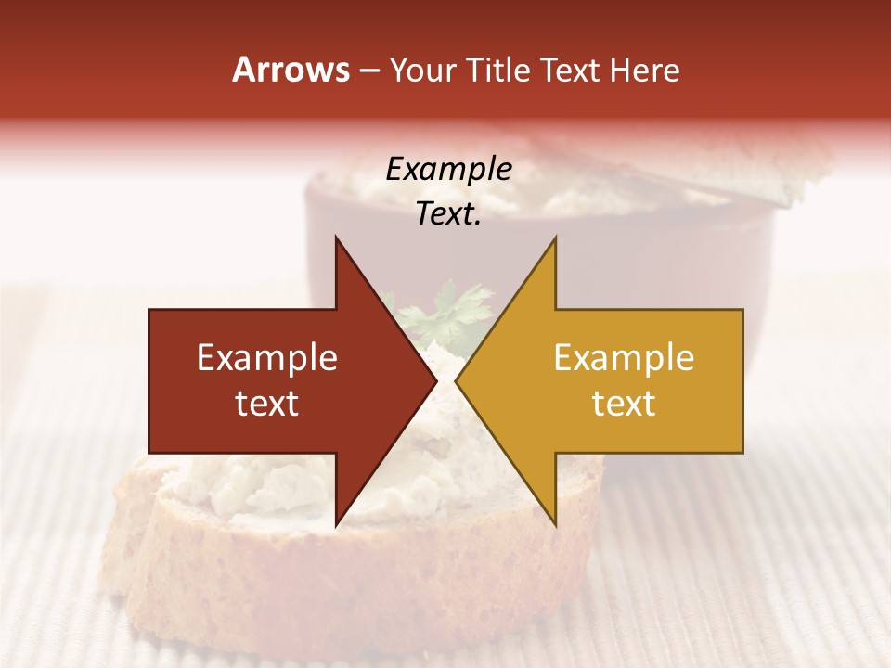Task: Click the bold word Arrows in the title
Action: coord(291,70)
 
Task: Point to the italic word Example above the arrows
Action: coord(448,170)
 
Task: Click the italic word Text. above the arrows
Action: coord(448,214)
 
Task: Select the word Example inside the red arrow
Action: coord(267,358)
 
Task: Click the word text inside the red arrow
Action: coord(267,404)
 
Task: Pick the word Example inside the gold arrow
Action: coord(624,358)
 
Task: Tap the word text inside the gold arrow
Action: coord(624,404)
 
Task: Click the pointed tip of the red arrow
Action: coord(435,381)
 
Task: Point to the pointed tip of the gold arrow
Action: coord(457,381)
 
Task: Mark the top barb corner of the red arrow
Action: coord(336,238)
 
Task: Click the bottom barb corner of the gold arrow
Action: coord(555,524)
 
